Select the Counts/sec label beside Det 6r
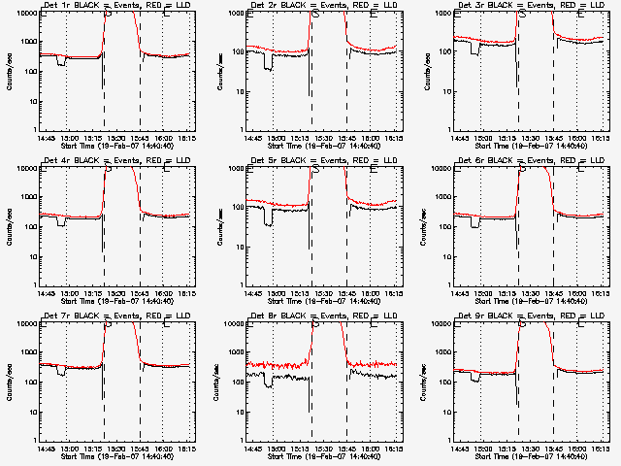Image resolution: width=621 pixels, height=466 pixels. coord(423,226)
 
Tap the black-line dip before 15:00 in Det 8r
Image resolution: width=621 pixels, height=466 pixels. coord(269,383)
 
